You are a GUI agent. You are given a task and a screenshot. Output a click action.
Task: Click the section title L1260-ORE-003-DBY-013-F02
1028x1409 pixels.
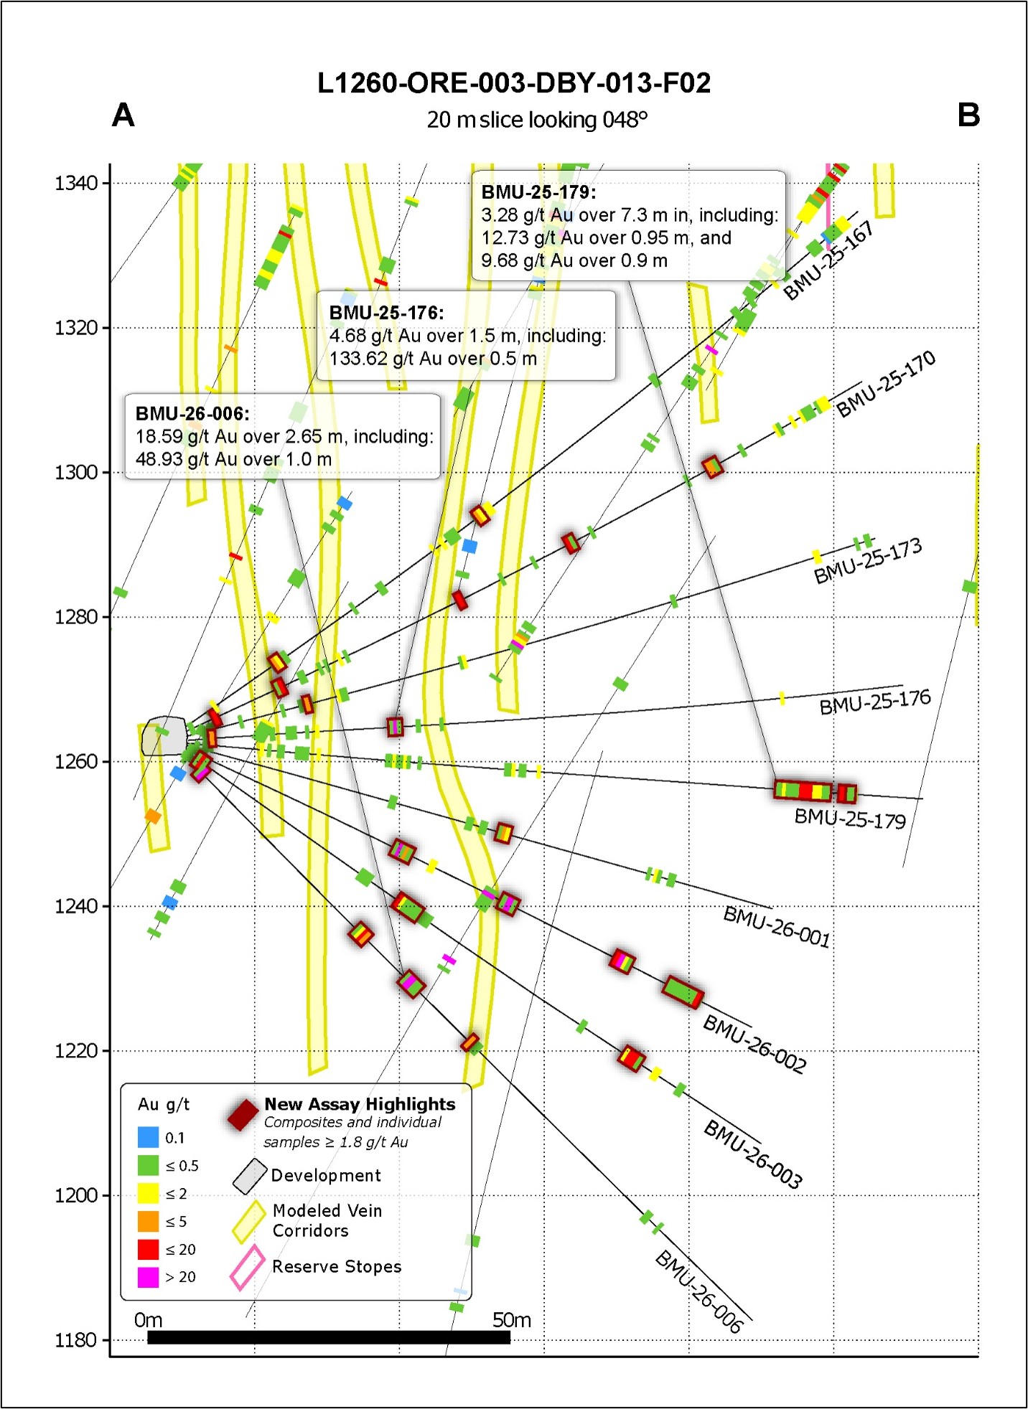[514, 83]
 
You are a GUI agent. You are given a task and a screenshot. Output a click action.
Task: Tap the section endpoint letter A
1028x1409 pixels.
[123, 116]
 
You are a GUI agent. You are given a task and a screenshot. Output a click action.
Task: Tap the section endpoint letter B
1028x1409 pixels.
[968, 115]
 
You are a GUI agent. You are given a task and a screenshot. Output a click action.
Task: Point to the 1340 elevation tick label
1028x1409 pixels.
[76, 184]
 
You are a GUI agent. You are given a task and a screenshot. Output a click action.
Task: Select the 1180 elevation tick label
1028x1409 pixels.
[76, 1340]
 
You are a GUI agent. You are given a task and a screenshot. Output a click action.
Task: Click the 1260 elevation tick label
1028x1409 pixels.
[76, 761]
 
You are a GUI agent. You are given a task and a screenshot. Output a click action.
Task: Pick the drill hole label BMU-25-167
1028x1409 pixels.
[828, 260]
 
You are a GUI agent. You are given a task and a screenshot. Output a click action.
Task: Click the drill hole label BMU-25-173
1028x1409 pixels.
[867, 562]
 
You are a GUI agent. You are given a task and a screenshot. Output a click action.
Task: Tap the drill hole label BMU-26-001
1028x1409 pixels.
[777, 926]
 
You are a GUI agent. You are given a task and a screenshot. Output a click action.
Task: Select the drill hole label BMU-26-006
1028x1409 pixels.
[699, 1291]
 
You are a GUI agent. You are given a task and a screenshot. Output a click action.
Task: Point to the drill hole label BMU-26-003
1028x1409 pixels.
[752, 1153]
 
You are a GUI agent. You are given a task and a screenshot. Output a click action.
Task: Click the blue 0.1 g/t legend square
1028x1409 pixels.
[148, 1137]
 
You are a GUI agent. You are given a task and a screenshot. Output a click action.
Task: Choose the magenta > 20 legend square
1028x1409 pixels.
[148, 1277]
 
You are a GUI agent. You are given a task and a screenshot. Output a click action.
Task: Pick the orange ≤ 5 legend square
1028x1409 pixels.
[148, 1221]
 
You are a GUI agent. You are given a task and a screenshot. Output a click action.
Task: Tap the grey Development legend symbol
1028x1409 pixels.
[250, 1177]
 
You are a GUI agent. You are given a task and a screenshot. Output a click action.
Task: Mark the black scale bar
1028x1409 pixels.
[329, 1337]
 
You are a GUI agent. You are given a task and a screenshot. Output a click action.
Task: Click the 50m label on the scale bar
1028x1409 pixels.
[511, 1320]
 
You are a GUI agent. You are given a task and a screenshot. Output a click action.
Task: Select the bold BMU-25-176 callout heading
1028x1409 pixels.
[386, 313]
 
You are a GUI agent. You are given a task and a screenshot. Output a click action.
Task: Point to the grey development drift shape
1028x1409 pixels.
[164, 735]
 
